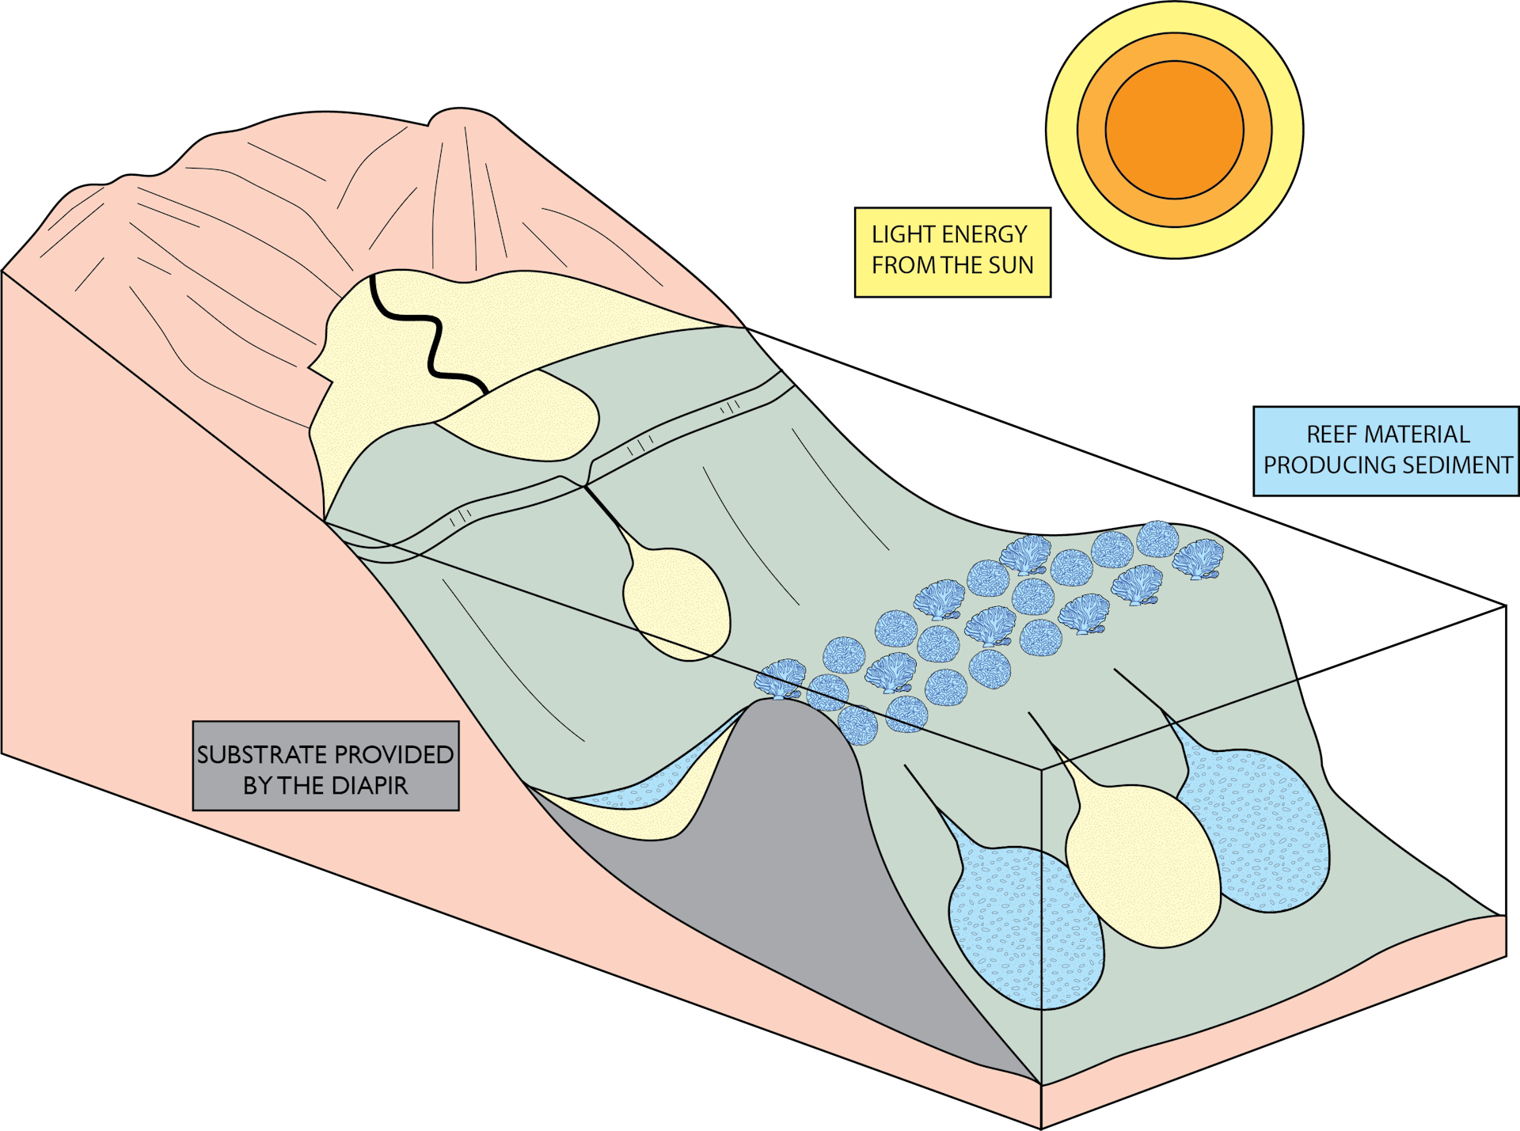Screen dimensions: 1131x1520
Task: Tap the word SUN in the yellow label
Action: click(1011, 266)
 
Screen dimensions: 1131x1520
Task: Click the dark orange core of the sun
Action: click(1174, 130)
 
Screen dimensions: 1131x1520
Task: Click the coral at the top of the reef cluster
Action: click(1157, 538)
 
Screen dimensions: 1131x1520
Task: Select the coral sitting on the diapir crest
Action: click(780, 679)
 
